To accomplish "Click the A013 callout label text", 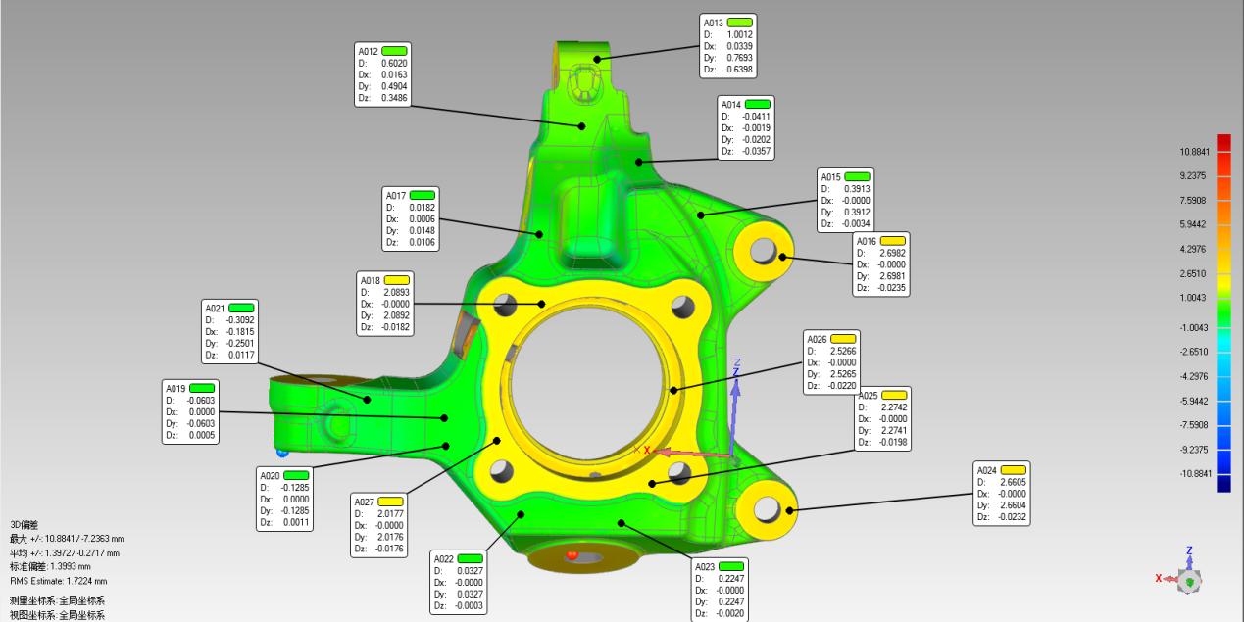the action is coord(713,23).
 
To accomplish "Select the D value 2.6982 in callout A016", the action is coord(892,253).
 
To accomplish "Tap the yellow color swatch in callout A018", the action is coord(396,280).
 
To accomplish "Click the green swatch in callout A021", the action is coord(241,308).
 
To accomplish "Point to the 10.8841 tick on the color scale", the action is coord(1195,152).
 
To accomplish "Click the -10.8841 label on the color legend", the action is coord(1196,473).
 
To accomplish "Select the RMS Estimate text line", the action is coord(58,581).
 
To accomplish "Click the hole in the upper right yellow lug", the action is coord(763,251).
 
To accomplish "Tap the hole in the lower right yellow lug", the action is coord(767,508).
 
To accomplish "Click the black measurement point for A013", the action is coord(597,59).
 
